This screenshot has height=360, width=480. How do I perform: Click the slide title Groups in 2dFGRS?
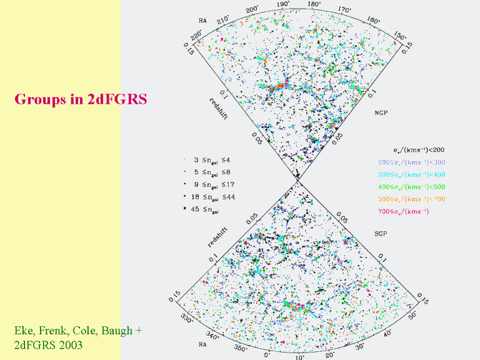point(81,99)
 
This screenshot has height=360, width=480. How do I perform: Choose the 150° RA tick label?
point(401,36)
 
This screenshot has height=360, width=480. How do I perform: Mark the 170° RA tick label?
point(344,10)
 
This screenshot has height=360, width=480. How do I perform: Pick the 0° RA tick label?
point(267,354)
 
